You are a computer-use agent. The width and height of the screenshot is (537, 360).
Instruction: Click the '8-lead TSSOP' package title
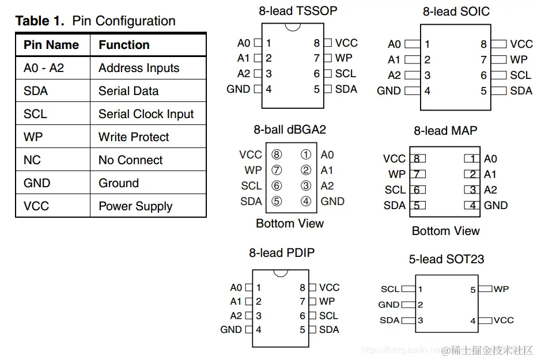(298, 11)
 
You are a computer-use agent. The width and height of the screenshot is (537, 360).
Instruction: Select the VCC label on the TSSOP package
(346, 43)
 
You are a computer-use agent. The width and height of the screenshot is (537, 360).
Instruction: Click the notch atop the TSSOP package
(293, 26)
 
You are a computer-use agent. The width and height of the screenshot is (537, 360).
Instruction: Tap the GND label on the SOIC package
(389, 90)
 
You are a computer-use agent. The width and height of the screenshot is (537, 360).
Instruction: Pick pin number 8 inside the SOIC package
(483, 44)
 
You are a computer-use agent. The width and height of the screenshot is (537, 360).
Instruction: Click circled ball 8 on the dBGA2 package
(277, 155)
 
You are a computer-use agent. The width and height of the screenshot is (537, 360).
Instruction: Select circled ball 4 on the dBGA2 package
(306, 201)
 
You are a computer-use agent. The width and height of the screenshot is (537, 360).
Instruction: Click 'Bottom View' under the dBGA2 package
(290, 223)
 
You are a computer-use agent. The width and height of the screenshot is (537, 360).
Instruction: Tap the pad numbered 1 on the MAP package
(472, 158)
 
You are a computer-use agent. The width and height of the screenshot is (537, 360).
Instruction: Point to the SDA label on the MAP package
(395, 205)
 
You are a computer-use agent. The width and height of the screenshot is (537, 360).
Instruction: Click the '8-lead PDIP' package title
(282, 253)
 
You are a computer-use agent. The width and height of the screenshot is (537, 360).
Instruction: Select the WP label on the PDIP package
(327, 301)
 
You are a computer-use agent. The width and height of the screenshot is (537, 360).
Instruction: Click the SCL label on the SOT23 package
(390, 289)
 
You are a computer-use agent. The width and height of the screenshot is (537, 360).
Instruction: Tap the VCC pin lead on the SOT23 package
(486, 321)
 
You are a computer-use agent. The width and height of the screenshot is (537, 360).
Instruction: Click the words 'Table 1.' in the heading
(40, 21)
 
